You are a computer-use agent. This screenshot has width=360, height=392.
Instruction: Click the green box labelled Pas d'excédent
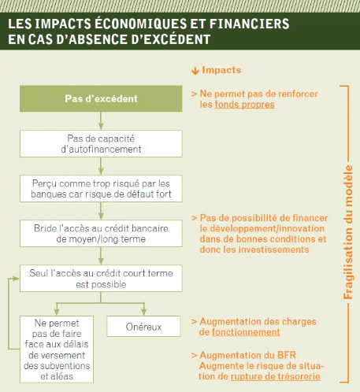click(x=101, y=98)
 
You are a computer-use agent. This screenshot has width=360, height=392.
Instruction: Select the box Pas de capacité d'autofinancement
click(x=101, y=142)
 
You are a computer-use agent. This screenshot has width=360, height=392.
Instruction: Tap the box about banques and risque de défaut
click(x=101, y=187)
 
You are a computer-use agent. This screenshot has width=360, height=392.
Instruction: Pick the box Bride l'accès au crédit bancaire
click(x=101, y=232)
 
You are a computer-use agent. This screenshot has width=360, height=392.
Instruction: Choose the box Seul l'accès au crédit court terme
click(x=101, y=276)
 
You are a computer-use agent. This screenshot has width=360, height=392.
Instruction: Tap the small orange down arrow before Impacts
click(x=195, y=70)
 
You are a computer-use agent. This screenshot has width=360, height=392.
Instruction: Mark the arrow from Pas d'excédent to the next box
click(x=101, y=119)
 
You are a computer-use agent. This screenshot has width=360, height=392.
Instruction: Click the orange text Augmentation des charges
click(x=256, y=321)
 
